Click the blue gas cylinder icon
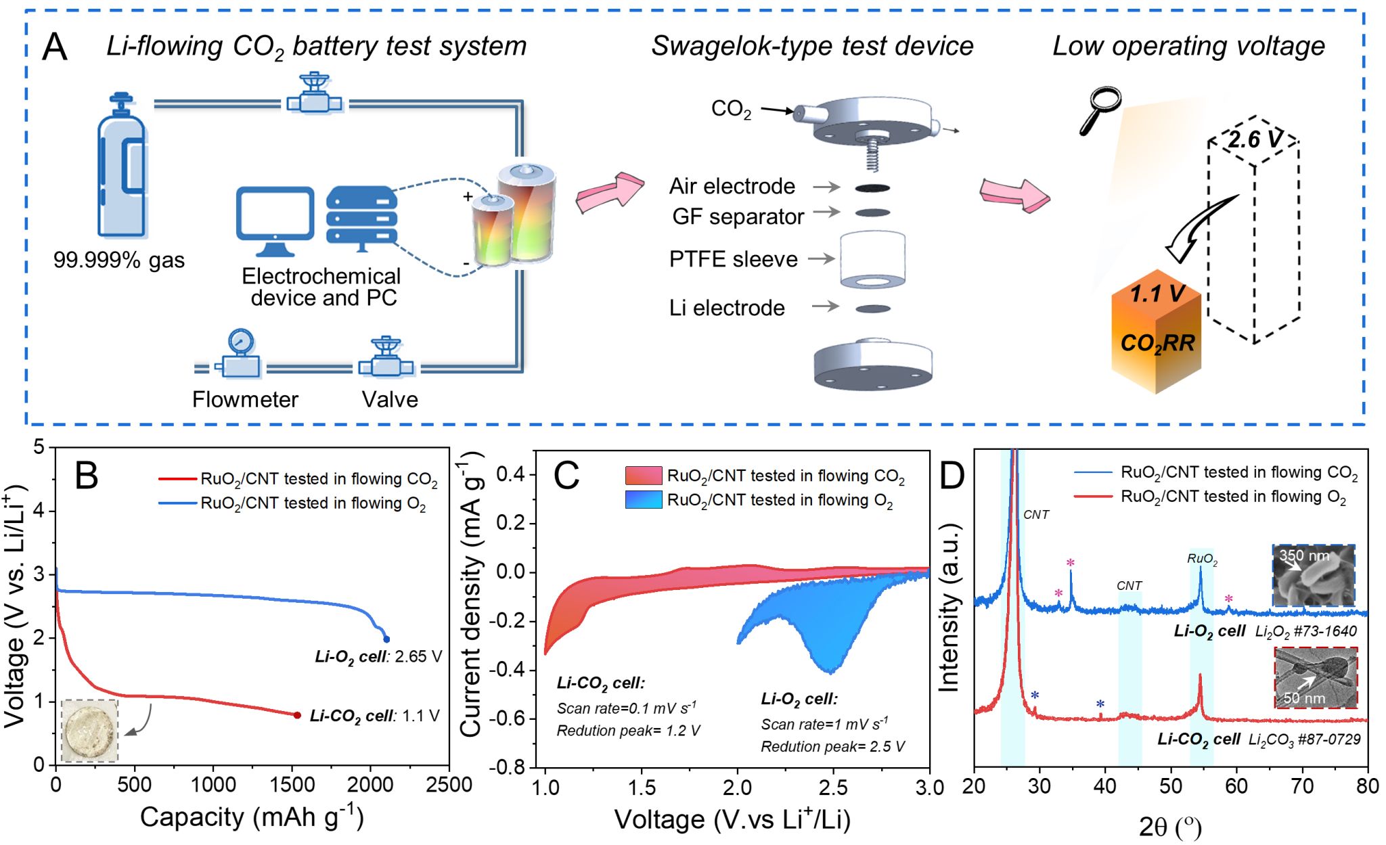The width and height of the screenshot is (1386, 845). [122, 169]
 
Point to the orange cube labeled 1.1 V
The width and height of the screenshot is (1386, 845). [1156, 338]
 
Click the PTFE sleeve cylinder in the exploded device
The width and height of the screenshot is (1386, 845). [872, 260]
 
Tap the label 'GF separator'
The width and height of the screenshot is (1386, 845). [738, 216]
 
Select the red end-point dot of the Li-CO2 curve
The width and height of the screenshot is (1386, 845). [297, 715]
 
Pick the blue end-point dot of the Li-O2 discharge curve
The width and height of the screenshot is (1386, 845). [386, 639]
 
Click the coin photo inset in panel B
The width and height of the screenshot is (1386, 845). [89, 731]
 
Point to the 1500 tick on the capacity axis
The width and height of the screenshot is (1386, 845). [292, 785]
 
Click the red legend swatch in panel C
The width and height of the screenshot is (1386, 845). [643, 476]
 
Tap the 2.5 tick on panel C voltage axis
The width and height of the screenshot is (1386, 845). [833, 787]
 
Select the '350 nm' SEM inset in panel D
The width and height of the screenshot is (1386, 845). [1314, 576]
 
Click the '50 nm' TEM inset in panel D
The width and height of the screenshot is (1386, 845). [1316, 677]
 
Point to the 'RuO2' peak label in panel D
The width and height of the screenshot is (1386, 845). [1202, 559]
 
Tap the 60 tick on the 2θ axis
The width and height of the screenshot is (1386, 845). [1236, 786]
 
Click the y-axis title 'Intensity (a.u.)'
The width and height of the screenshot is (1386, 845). [949, 607]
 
